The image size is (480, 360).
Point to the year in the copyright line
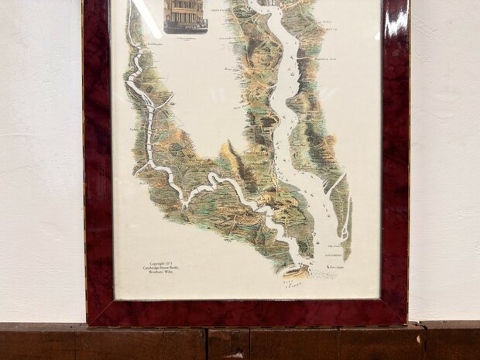175,262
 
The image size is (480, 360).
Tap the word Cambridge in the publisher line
155,267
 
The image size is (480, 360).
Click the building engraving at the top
186,14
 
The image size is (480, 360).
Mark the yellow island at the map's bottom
296,270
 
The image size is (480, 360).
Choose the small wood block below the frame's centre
228,343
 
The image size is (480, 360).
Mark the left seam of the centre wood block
208,343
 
